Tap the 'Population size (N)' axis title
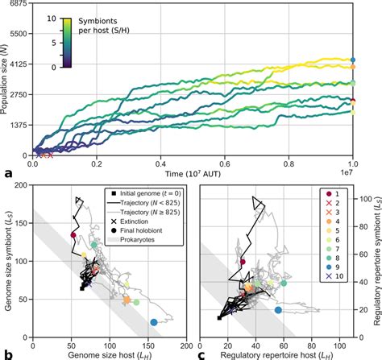pyautogui.click(x=6, y=78)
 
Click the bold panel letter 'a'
pyautogui.click(x=8, y=172)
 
